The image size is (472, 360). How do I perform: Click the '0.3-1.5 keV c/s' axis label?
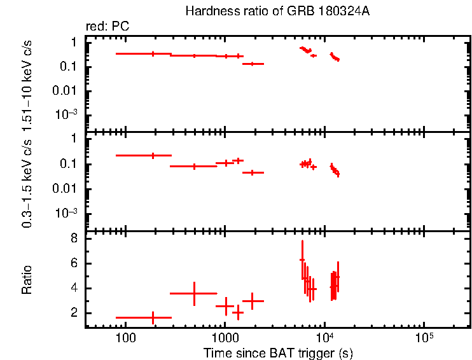27,182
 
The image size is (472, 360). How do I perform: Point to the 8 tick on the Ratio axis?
74,239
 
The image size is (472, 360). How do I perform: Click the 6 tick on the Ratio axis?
74,263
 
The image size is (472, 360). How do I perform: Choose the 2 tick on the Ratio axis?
74,313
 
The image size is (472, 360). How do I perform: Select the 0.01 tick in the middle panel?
69,188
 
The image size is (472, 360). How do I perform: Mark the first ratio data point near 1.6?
153,317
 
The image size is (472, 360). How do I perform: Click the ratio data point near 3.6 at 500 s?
194,293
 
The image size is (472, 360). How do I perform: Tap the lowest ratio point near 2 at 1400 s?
238,312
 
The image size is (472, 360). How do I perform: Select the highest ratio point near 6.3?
302,260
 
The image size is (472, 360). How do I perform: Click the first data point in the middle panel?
153,155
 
